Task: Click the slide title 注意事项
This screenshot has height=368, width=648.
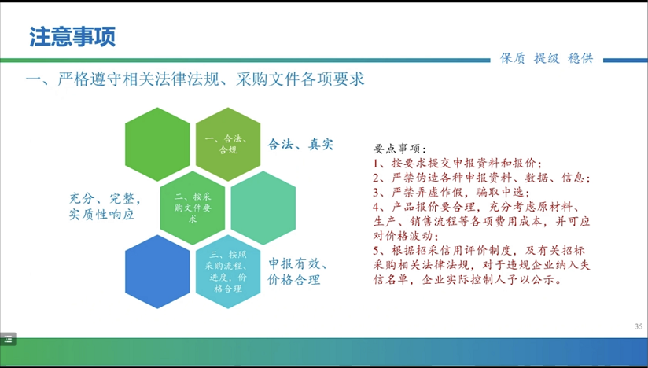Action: click(72, 37)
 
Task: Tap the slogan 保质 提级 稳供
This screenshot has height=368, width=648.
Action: click(547, 58)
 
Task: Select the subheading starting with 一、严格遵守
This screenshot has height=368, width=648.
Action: click(195, 79)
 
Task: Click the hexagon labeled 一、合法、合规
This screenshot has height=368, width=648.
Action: click(228, 144)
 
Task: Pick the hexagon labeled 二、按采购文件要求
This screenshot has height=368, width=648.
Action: click(193, 208)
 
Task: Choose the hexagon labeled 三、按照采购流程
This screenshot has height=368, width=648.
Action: click(228, 271)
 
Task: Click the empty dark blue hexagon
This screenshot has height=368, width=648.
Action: click(157, 271)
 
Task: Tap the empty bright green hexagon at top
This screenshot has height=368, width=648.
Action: click(157, 144)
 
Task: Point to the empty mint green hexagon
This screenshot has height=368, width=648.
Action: click(263, 208)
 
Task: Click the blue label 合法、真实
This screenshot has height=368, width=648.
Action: click(300, 144)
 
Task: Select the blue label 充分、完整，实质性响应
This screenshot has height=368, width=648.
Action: click(105, 207)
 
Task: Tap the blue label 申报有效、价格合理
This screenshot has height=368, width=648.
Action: click(298, 271)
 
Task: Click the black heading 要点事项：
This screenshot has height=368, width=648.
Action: click(399, 149)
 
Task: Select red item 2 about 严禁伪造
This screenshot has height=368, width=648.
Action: click(482, 178)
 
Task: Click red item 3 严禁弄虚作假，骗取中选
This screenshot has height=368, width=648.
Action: click(451, 192)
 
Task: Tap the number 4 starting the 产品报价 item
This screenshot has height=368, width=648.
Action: click(376, 207)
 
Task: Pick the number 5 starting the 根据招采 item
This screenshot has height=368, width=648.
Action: click(376, 250)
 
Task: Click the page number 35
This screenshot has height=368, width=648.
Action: click(639, 326)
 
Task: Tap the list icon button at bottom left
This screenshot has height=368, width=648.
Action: click(8, 339)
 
